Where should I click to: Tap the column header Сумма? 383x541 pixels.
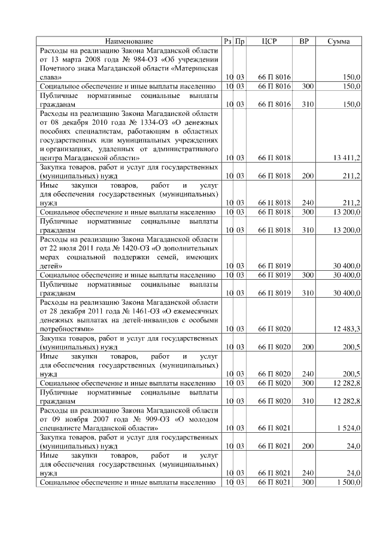pos(339,41)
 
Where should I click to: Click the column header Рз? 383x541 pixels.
pos(227,41)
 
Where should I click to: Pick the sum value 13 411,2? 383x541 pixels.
pos(346,157)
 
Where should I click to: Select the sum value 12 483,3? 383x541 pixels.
pos(346,328)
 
